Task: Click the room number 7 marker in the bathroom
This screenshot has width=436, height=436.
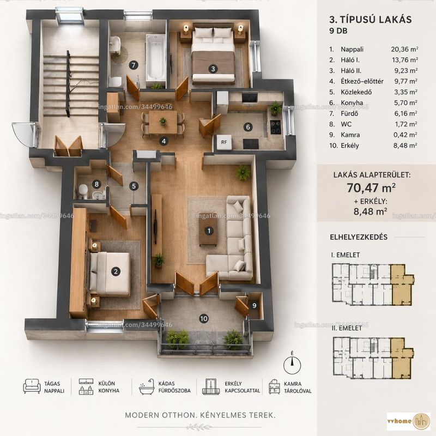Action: click(x=134, y=65)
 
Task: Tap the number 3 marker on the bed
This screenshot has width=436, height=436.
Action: click(x=213, y=69)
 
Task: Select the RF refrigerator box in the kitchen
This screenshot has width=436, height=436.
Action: click(x=224, y=142)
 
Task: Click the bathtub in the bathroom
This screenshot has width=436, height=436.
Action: click(x=156, y=57)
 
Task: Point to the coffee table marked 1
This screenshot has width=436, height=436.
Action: click(x=208, y=229)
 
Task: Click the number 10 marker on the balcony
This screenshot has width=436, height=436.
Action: click(x=204, y=319)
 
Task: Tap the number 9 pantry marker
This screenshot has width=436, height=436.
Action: click(x=254, y=306)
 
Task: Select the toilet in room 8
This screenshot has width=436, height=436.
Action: click(x=83, y=191)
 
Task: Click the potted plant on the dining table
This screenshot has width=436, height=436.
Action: click(x=163, y=121)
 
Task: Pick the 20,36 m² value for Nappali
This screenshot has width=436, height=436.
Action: click(x=404, y=49)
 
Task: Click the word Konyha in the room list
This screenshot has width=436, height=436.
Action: click(x=352, y=103)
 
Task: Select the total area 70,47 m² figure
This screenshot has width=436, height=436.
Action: click(x=371, y=188)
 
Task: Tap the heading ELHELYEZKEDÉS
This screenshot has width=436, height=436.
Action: click(x=359, y=237)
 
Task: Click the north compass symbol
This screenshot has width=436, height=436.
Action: click(x=292, y=364)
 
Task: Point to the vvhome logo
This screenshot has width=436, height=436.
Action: click(x=408, y=421)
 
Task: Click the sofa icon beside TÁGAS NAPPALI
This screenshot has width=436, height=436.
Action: click(x=32, y=386)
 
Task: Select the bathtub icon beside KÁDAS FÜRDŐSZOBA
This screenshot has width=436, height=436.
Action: click(x=147, y=386)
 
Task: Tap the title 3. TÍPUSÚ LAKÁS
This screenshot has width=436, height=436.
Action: click(x=371, y=20)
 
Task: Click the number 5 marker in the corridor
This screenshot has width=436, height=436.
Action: click(x=134, y=186)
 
